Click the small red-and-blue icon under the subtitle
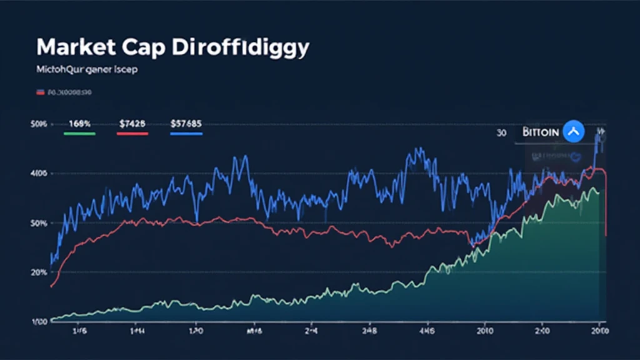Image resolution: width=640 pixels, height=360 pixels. [x=40, y=92]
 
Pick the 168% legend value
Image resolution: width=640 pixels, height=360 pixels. [x=79, y=124]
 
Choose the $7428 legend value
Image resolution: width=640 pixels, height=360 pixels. [x=132, y=124]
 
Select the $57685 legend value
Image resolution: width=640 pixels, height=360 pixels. [x=186, y=124]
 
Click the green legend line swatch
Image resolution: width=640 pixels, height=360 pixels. [x=79, y=133]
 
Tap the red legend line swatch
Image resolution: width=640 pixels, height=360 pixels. [x=132, y=133]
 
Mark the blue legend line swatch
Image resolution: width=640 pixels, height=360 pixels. [x=186, y=133]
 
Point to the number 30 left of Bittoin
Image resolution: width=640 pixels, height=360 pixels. [x=501, y=133]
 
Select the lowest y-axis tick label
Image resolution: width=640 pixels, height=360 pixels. [x=39, y=321]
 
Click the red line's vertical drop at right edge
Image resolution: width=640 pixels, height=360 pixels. [x=606, y=206]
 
